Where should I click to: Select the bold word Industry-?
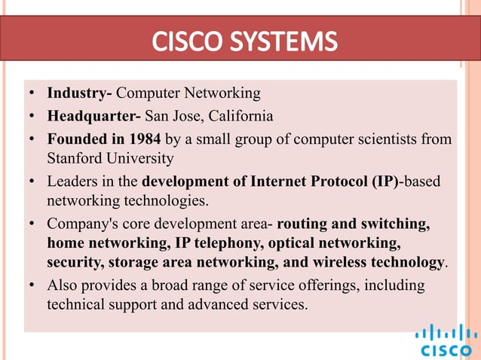[80, 93]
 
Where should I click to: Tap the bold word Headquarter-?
[94, 116]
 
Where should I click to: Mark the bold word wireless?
[341, 262]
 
